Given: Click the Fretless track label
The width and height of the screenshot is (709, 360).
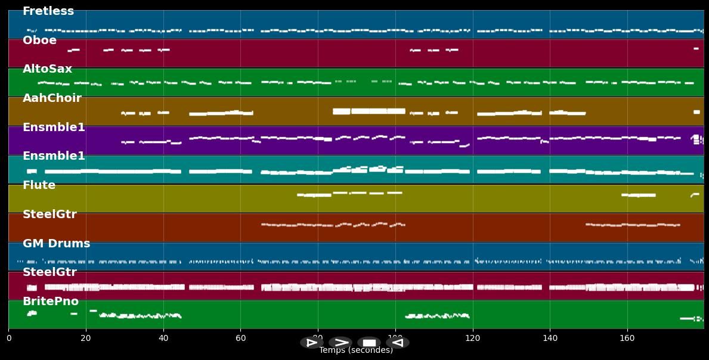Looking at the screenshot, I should click(x=48, y=11).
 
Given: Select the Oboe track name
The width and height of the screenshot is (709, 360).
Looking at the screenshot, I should click(x=39, y=41).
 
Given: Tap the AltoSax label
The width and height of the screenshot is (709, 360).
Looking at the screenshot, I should click(x=47, y=69).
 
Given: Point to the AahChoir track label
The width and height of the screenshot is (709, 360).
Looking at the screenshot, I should click(x=52, y=98).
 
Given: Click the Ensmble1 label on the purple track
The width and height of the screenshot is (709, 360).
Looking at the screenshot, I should click(x=54, y=128).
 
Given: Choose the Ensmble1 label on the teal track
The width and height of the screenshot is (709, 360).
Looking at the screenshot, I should click(x=54, y=156).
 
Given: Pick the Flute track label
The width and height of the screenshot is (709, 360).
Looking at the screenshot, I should click(x=39, y=185).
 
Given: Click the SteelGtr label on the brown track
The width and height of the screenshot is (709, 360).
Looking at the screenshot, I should click(x=49, y=215).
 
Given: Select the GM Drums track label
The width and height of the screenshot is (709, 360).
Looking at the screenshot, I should click(x=56, y=244).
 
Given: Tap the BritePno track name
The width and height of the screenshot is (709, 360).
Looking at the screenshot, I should click(x=51, y=302).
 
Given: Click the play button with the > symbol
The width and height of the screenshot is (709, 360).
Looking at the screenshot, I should click(x=340, y=343).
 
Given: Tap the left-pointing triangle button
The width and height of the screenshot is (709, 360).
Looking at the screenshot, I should click(x=398, y=343).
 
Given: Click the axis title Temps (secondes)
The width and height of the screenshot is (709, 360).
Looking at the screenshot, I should click(x=356, y=350).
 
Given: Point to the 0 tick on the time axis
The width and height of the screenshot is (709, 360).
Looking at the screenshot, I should click(x=8, y=339).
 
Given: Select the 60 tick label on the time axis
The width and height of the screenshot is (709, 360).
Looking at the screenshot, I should click(x=240, y=339).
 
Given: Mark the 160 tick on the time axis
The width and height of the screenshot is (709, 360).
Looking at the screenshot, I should click(x=627, y=339).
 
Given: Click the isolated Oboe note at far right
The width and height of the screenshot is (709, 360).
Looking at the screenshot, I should click(x=696, y=49).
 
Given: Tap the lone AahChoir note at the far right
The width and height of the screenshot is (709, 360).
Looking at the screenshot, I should click(x=696, y=112).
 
